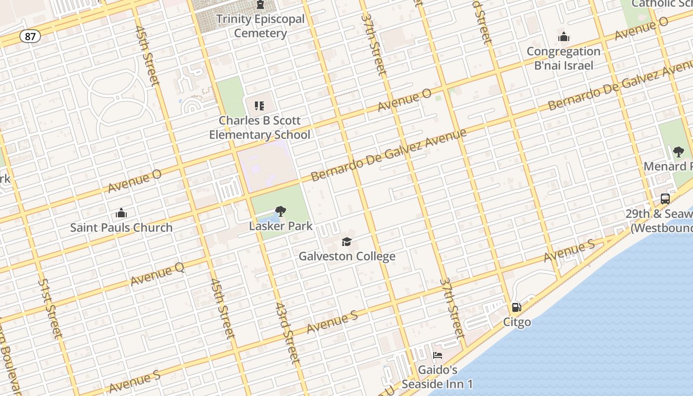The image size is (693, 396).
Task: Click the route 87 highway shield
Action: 30,37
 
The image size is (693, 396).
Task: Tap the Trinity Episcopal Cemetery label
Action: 260,26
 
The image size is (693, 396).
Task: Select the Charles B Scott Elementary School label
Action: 260,128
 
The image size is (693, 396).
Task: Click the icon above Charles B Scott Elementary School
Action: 259,105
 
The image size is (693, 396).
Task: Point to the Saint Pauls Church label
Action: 121,228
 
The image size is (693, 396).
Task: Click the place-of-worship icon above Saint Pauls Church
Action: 121,213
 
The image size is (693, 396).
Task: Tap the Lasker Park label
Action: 281,226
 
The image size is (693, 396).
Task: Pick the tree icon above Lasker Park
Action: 281,211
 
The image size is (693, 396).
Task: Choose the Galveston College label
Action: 347,256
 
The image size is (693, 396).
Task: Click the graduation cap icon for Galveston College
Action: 347,242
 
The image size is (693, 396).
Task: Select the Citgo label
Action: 517,322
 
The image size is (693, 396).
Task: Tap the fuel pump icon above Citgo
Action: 517,307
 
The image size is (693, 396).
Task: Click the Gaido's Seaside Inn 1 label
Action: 438,377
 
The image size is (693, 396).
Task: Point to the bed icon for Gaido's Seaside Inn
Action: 438,355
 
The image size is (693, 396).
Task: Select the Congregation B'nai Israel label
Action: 563,58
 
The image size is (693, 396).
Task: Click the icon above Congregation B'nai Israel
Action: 564,37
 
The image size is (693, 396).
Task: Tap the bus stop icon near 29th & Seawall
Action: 665,199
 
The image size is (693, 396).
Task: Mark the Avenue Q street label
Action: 157,274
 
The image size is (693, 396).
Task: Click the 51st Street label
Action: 50,308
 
